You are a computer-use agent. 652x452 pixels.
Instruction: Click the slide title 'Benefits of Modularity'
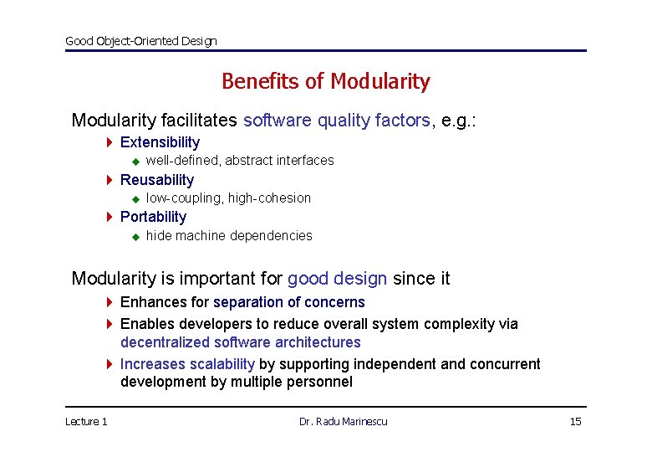point(325,81)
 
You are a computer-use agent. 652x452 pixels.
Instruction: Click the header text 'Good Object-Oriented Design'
point(140,41)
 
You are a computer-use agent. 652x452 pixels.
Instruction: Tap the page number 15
point(575,421)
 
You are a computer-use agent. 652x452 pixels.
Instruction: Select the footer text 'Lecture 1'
point(86,421)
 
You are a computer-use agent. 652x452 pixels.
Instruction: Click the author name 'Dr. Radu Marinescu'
point(343,421)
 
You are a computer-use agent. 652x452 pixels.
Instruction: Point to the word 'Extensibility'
point(160,142)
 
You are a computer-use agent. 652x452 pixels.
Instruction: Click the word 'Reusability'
point(156,180)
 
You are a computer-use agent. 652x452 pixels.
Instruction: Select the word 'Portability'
point(153,217)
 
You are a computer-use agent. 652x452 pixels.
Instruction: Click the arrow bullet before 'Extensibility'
point(110,142)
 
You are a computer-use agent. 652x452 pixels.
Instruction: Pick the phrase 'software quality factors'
point(336,121)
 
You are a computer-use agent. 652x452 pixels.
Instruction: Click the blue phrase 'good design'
point(337,279)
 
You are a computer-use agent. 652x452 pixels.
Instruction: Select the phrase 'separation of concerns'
point(288,302)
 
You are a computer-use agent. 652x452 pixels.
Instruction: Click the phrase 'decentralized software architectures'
point(240,342)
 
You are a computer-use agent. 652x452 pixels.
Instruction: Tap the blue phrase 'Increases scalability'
point(187,364)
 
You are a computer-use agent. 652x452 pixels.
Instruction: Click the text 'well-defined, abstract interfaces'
point(239,161)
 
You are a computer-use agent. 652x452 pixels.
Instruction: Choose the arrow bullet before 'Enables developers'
point(110,324)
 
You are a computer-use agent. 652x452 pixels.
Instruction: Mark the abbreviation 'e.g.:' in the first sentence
point(458,121)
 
